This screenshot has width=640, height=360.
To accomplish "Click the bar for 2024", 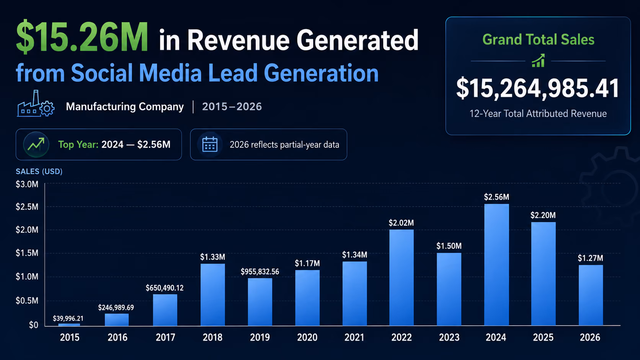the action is click(496, 265).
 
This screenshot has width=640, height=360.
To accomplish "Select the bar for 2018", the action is click(212, 295).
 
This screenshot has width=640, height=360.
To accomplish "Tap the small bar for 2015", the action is click(69, 324).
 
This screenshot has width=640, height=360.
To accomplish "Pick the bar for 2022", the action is click(402, 277).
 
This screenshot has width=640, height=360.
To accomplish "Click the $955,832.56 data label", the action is click(260, 272).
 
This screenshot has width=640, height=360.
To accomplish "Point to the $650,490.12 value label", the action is click(165, 288).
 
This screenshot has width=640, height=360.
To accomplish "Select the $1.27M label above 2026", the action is click(590, 258).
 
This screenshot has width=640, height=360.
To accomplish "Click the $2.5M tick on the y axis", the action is click(27, 207).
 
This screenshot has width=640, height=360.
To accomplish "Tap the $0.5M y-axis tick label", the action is click(27, 301).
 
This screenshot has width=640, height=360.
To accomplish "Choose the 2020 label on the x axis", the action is click(307, 337).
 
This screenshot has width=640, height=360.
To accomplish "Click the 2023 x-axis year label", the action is click(449, 337).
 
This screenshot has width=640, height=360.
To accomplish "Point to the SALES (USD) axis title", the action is click(39, 171).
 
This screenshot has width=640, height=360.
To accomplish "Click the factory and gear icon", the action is click(36, 103).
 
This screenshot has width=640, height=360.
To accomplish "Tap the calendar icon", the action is click(210, 144).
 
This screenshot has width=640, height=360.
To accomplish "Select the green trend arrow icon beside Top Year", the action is click(36, 144).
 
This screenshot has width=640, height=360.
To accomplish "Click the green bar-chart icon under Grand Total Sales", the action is click(538, 60).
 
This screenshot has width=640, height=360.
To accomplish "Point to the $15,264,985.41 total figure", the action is click(538, 88).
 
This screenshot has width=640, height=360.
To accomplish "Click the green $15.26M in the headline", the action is click(82, 37).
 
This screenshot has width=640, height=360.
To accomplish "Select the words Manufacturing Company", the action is click(125, 106).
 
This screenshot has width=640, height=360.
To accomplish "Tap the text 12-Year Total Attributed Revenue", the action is click(538, 114).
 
